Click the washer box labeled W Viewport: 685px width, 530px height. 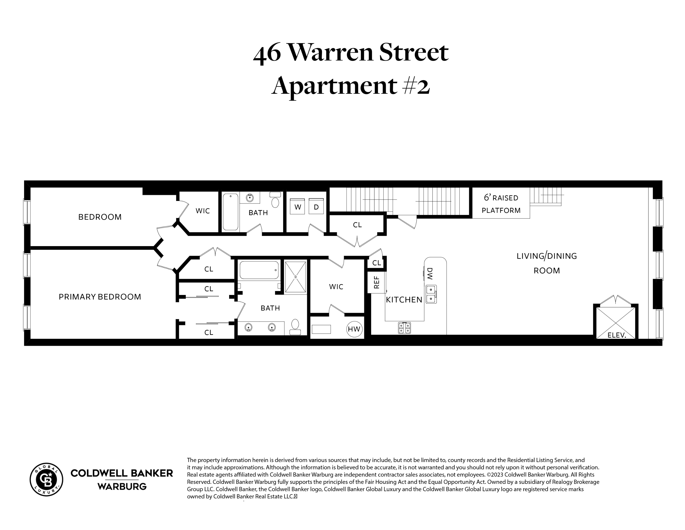coord(297,207)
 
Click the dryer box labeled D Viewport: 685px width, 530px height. coord(316,207)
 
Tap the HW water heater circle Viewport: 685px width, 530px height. coord(354,329)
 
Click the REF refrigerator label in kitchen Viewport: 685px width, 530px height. coord(377,282)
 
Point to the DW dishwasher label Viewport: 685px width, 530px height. coord(430,274)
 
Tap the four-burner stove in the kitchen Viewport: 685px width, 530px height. coord(404,328)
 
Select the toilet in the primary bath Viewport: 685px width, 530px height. coord(295,327)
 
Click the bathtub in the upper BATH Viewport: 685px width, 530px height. coord(231,212)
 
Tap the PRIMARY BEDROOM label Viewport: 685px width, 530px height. coord(100,297)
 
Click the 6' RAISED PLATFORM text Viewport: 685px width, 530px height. coord(501,204)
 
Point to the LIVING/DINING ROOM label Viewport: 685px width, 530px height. coord(547,263)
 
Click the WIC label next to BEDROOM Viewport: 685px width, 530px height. coord(203,211)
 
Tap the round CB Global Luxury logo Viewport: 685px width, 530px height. coord(46,479)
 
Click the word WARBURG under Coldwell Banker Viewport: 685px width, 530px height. coord(122,487)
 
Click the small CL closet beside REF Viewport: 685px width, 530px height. coord(376,263)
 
